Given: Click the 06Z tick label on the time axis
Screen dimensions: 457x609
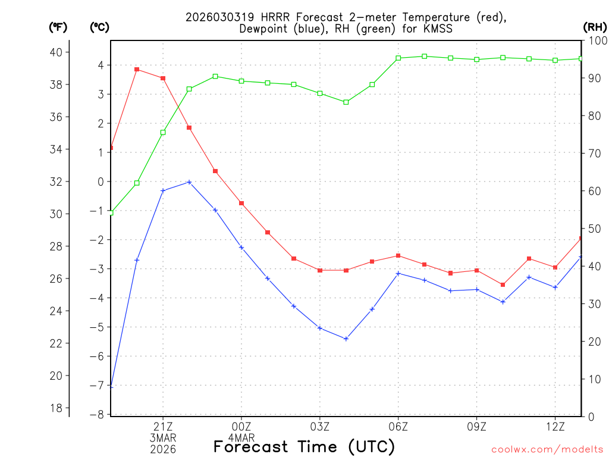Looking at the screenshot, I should click(398, 426).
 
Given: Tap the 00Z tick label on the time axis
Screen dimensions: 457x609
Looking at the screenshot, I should click(241, 426).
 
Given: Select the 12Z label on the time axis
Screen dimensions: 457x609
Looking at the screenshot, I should click(555, 426).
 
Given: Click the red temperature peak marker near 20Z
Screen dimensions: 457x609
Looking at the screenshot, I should click(137, 70).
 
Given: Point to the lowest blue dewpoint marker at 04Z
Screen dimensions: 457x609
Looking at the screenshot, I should click(346, 339).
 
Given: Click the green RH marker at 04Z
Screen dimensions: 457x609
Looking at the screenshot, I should click(346, 102).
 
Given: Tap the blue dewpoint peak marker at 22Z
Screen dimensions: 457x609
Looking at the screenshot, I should click(189, 182).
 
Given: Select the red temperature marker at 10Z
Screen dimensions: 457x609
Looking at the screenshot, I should click(503, 284).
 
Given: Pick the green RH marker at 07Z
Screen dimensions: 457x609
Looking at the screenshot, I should click(425, 56).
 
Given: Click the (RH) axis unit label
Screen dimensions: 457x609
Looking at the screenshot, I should click(595, 27).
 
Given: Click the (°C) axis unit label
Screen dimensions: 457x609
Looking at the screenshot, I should click(99, 27).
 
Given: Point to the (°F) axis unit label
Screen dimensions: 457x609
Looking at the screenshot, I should click(58, 27).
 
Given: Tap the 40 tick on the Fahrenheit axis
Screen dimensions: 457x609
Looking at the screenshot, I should click(56, 52).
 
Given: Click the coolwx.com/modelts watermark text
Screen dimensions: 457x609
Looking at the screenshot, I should click(547, 449).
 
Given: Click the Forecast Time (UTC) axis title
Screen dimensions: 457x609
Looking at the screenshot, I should click(304, 446).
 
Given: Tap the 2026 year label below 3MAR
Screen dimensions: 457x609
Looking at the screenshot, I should click(163, 449).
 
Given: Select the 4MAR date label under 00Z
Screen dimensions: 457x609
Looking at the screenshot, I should click(241, 437).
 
